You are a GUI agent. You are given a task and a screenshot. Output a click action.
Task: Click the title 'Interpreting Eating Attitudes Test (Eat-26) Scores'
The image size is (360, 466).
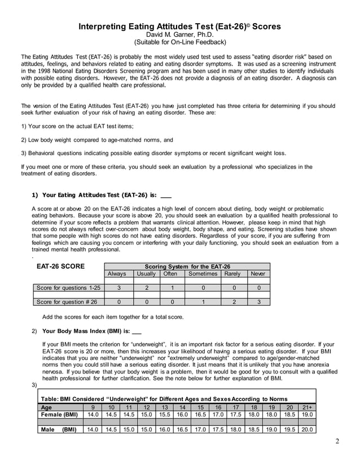[179, 27]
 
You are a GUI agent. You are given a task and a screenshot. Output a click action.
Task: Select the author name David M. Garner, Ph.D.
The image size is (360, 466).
[179, 34]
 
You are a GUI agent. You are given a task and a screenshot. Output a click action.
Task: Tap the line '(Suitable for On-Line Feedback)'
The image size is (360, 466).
[179, 42]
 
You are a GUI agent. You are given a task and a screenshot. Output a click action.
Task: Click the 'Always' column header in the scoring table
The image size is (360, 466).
[117, 274]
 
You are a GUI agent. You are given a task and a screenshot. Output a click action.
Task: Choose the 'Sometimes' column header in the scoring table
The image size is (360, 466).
[203, 274]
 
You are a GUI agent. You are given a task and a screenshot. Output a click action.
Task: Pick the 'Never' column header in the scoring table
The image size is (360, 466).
[258, 274]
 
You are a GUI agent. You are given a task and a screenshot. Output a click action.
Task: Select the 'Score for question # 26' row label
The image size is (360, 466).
[67, 302]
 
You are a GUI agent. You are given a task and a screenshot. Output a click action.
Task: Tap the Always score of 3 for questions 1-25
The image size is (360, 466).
[117, 288]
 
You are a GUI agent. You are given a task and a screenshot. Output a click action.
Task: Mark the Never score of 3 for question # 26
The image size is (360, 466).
[258, 302]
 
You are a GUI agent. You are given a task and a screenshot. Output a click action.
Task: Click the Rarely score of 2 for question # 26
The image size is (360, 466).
[231, 302]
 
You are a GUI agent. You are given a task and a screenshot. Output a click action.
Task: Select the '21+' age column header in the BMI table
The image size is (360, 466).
[307, 407]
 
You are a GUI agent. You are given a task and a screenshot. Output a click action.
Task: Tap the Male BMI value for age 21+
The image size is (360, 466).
[307, 429]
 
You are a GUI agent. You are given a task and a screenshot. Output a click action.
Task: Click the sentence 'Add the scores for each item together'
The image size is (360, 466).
[113, 316]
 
